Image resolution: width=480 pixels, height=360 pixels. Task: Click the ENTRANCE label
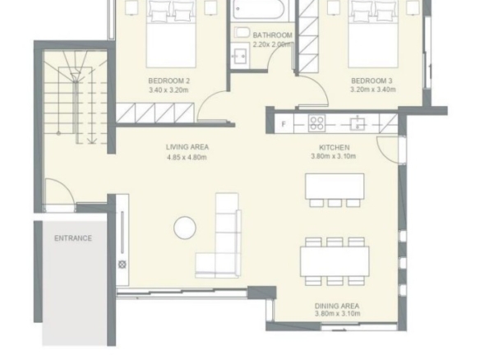[x=73, y=238]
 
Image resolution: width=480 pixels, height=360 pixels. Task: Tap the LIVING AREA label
[x=187, y=147]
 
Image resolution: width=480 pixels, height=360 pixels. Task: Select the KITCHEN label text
[x=335, y=148]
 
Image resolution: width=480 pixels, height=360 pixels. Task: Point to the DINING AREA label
[x=337, y=306]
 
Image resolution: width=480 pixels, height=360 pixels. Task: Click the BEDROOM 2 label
[x=169, y=81]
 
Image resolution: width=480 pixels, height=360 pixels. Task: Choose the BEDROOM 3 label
[x=372, y=81]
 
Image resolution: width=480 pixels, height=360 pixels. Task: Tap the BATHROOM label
[x=272, y=35]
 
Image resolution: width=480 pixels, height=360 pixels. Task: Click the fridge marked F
[x=284, y=124]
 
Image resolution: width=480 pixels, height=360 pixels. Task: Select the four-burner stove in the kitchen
[x=316, y=123]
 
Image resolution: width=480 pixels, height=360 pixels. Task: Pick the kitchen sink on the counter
[x=358, y=123]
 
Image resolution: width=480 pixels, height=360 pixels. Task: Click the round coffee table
[x=185, y=228]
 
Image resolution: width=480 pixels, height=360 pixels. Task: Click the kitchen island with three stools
[x=335, y=190]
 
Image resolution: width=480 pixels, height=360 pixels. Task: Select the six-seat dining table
[x=335, y=261]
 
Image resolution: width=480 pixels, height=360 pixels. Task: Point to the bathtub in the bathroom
[x=261, y=9]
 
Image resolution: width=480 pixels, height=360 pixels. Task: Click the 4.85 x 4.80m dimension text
[x=187, y=157]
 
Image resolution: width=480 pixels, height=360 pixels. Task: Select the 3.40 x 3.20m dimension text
[x=168, y=90]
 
